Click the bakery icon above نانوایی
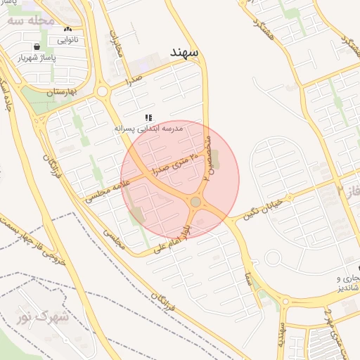click(67, 30)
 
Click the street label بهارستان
click(60, 91)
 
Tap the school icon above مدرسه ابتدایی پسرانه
click(148, 118)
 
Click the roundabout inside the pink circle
click(195, 202)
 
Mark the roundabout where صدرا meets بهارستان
click(103, 91)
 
